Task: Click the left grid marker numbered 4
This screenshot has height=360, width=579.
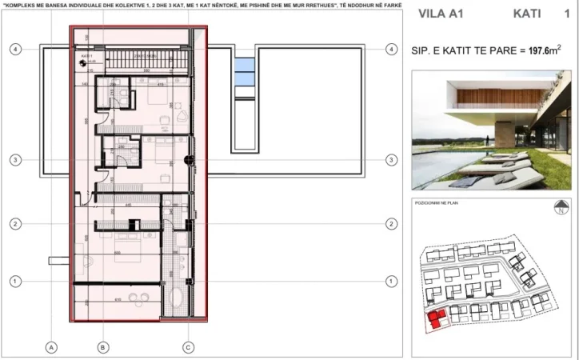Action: pyautogui.click(x=14, y=50)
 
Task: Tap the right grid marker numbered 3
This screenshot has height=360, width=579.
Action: pyautogui.click(x=390, y=161)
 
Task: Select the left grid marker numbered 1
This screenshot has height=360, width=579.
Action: pyautogui.click(x=14, y=281)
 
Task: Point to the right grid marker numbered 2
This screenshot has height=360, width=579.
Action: pyautogui.click(x=390, y=223)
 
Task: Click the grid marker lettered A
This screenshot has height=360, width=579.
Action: pyautogui.click(x=50, y=347)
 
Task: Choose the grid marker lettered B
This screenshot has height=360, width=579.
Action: pyautogui.click(x=103, y=347)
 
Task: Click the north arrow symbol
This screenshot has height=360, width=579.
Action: pyautogui.click(x=560, y=210)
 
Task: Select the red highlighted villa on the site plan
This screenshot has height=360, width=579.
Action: pyautogui.click(x=436, y=321)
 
